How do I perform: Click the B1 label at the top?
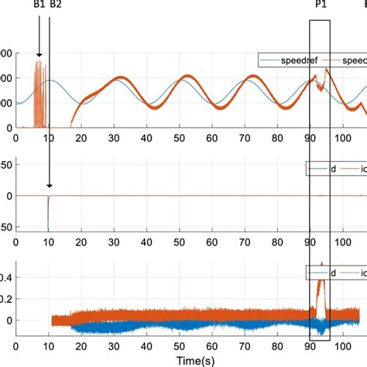39,5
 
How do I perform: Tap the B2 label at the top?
55,5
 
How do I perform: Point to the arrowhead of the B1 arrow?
39,57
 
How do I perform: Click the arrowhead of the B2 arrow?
49,185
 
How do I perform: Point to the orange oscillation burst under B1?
39,93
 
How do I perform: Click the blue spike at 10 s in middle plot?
49,213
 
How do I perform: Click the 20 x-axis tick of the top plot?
81,137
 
